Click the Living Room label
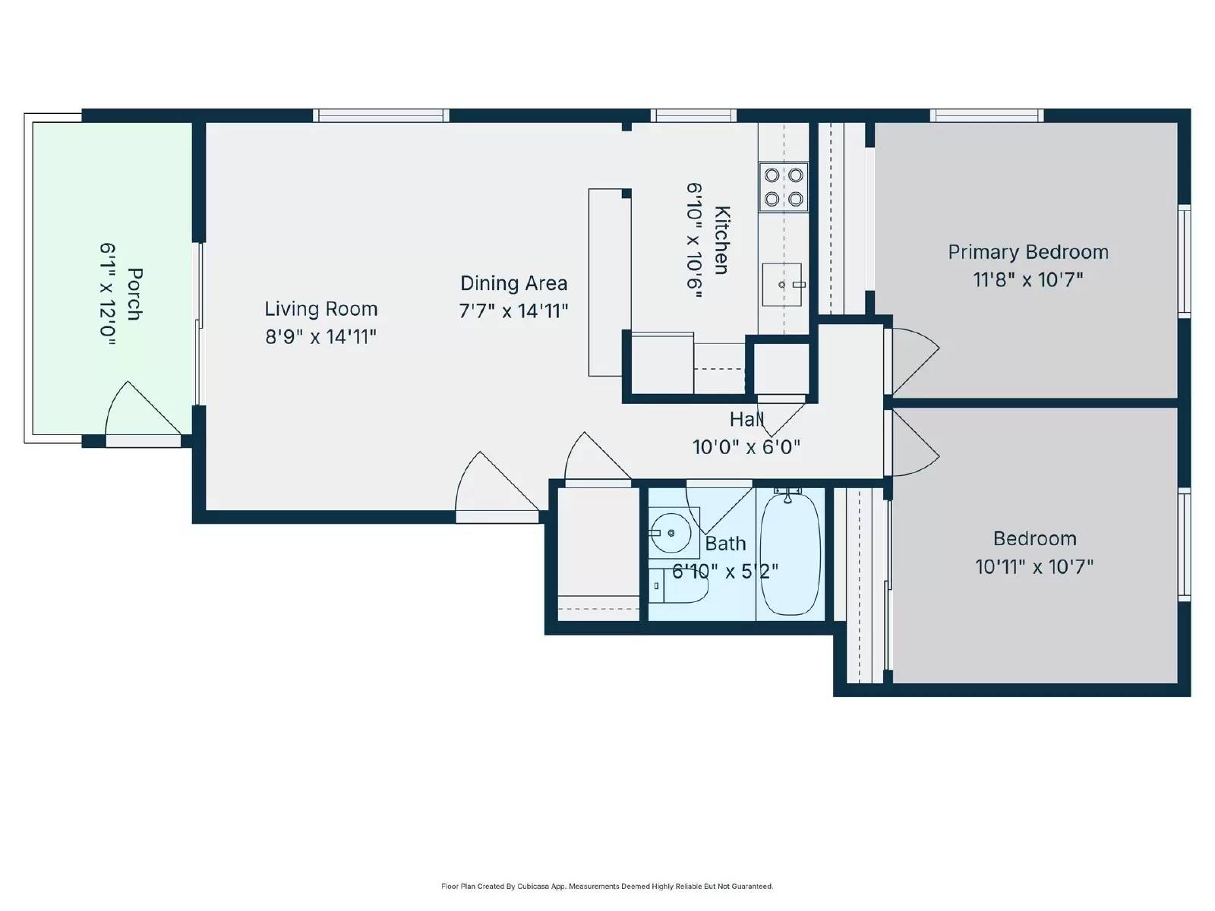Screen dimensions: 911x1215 [320, 309]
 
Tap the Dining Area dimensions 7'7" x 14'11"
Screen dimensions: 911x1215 [513, 310]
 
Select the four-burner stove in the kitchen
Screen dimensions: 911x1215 [784, 187]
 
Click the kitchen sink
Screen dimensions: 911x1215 [782, 285]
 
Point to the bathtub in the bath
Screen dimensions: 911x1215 [790, 553]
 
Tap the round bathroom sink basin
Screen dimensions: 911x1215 [671, 533]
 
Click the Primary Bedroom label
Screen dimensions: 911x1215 [1027, 252]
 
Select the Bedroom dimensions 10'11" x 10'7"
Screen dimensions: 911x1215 [1034, 566]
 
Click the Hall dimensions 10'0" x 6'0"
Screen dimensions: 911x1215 [746, 446]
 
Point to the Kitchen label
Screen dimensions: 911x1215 [721, 240]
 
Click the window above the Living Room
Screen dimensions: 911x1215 [380, 115]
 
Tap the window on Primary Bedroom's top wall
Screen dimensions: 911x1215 [986, 115]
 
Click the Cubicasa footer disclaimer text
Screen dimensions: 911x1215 [607, 886]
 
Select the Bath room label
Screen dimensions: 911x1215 [725, 544]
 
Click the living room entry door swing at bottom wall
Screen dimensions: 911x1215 [494, 486]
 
